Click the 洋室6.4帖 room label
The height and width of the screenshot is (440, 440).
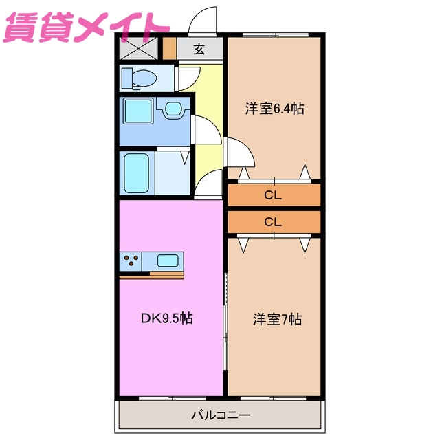[x=275, y=109]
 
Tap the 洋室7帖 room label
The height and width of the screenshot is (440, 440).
[x=277, y=319]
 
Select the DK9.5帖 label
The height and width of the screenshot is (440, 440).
[x=167, y=318]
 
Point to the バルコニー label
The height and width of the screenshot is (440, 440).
[x=220, y=415]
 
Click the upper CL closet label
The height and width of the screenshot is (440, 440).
[x=273, y=195]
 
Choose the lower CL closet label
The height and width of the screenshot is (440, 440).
[x=273, y=222]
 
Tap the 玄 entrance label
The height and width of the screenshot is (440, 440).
[x=199, y=49]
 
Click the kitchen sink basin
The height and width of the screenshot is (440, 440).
[x=168, y=261]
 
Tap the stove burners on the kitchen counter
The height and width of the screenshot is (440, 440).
[x=132, y=261]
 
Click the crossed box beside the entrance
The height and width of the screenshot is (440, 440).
[x=138, y=48]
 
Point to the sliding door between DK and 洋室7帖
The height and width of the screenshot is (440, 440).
[x=225, y=313]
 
